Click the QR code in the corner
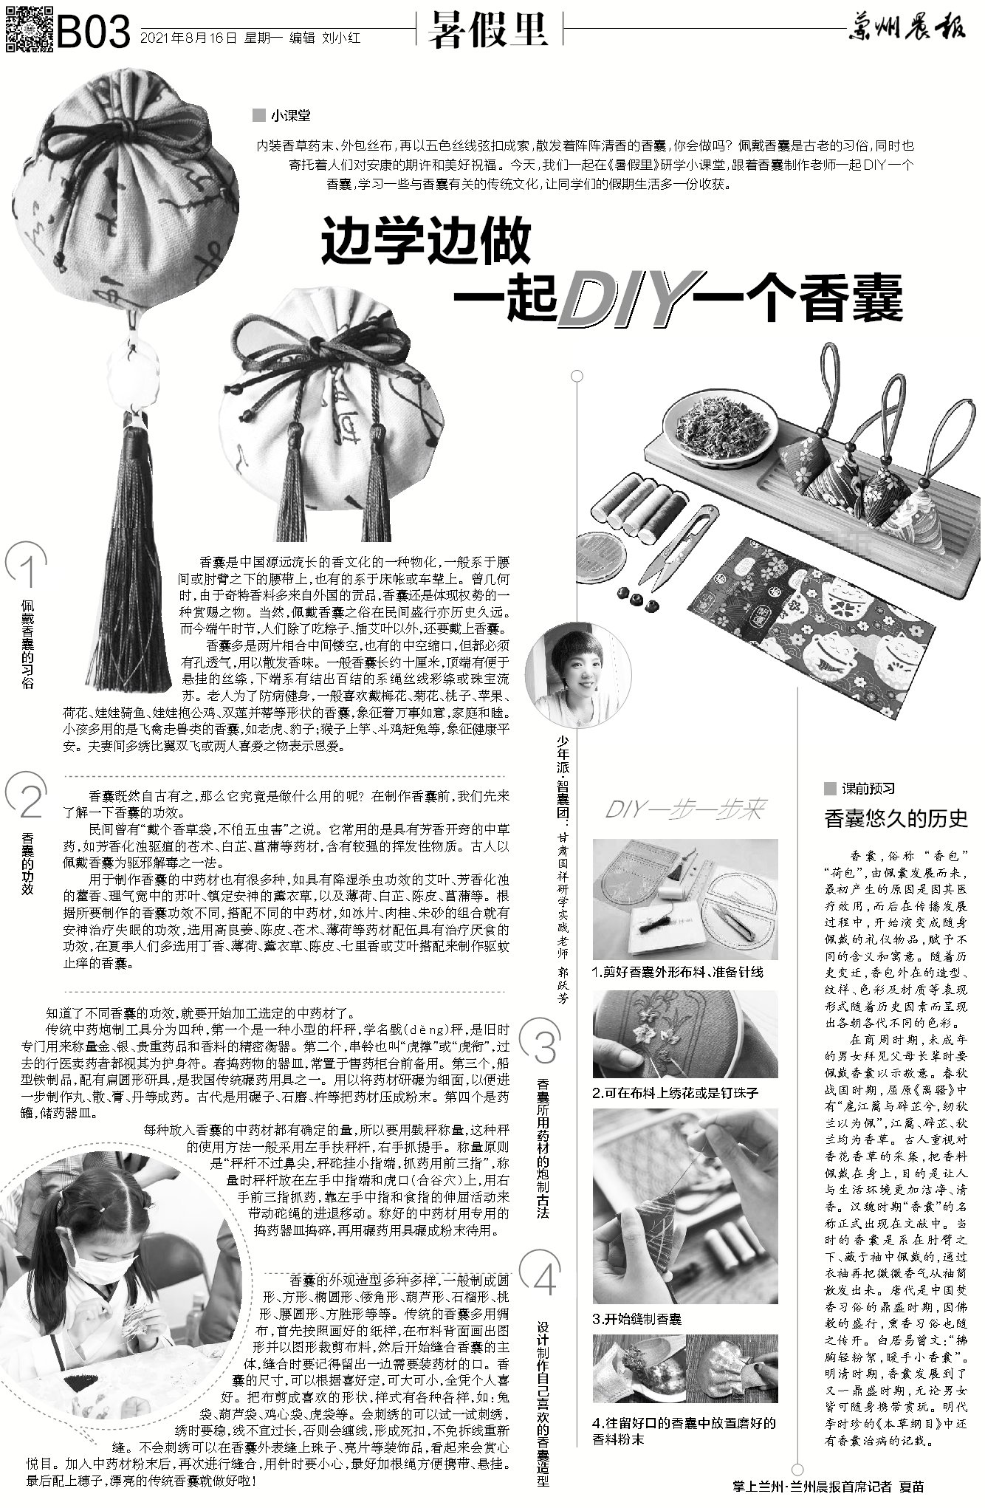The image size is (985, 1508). point(28,28)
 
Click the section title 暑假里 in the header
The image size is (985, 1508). point(490,31)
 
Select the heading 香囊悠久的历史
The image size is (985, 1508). point(895,818)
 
